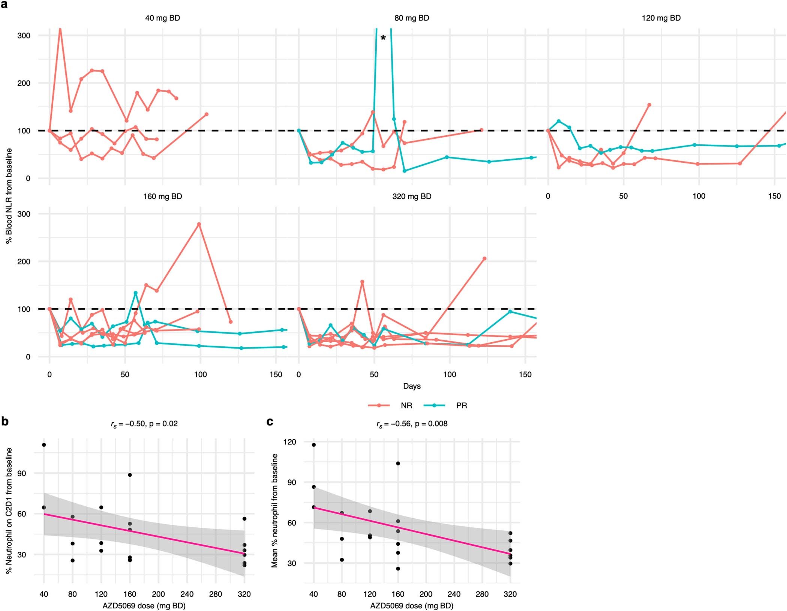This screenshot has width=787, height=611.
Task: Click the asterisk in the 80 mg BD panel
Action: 383,38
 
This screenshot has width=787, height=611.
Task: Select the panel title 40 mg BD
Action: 162,18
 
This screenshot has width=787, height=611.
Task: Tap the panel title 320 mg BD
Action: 412,196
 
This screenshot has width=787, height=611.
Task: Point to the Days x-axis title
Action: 412,386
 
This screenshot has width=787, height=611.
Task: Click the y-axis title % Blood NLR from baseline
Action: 9,196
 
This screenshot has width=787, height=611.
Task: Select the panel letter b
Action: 5,421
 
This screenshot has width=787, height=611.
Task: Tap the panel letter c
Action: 270,421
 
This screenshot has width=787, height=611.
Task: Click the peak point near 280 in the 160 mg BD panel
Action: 199,224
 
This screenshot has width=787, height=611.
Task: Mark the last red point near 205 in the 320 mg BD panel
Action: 484,259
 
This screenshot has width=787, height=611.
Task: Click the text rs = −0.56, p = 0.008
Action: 412,424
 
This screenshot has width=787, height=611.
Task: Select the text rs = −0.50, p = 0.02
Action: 144,424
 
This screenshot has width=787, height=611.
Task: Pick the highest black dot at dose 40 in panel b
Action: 44,445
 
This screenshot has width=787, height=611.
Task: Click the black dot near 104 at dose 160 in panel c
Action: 398,463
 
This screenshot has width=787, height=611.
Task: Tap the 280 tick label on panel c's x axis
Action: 482,594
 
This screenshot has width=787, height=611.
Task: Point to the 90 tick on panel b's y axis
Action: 22,473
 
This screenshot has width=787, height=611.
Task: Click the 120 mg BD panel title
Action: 661,18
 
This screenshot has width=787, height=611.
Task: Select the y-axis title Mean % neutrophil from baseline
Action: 274,511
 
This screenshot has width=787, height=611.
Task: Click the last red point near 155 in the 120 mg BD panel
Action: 649,105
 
